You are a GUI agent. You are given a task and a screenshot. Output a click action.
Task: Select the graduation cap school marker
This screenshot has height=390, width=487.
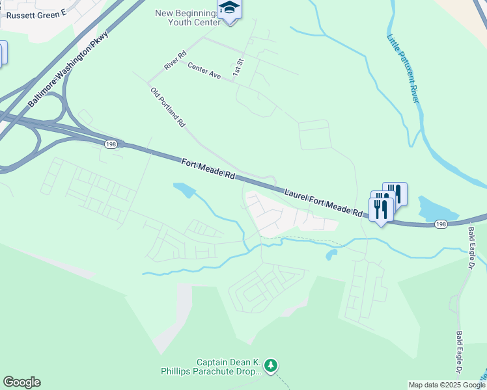(x=229, y=8)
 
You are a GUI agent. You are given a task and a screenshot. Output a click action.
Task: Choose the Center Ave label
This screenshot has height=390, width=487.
(x=204, y=70)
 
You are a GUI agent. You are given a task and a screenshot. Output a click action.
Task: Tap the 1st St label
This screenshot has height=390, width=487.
(x=238, y=64)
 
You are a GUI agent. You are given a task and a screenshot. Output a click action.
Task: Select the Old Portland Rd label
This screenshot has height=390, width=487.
(x=168, y=107)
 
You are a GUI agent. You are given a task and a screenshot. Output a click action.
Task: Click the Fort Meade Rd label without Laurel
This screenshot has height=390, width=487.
(x=208, y=171)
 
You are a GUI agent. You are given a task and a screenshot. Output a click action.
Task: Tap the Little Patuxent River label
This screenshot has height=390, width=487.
(x=404, y=68)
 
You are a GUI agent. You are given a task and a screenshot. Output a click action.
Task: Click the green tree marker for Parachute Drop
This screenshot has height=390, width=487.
(x=271, y=367)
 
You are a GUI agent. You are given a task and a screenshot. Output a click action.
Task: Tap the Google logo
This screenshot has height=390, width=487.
(x=21, y=382)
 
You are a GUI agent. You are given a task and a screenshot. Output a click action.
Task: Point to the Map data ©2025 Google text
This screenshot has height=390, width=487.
(x=447, y=385)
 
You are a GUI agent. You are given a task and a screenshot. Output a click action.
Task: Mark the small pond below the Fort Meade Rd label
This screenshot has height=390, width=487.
(x=184, y=190)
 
